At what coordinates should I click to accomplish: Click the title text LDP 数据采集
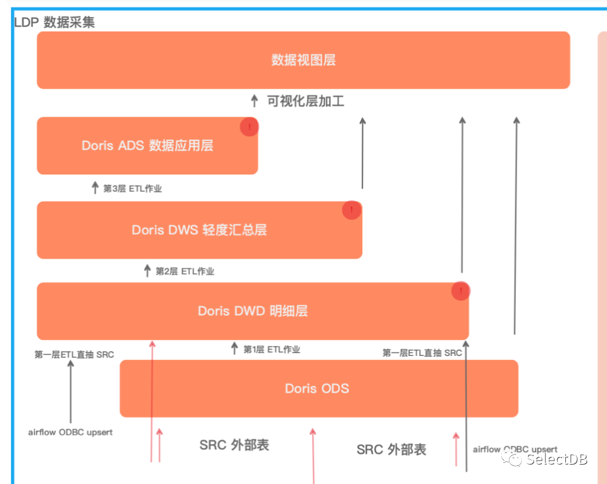coord(55,23)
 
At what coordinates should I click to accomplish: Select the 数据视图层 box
coord(303,60)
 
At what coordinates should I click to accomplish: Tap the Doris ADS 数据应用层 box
coord(147,146)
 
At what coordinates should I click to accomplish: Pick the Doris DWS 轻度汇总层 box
coord(199,230)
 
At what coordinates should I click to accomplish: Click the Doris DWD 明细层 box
coord(252,311)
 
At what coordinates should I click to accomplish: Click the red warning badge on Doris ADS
coord(249,127)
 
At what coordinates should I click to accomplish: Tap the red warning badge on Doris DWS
coord(352,210)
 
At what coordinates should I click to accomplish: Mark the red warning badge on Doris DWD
coord(461,291)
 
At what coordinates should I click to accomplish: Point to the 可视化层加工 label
coord(306,101)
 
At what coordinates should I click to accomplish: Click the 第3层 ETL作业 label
coord(133,189)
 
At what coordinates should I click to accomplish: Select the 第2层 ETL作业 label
coord(185,271)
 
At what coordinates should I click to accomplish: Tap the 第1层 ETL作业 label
coord(272,349)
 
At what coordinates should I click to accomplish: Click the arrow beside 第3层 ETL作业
coord(95,188)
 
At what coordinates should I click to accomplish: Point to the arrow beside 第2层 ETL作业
coord(147,271)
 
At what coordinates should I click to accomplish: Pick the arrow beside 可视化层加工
coord(254,101)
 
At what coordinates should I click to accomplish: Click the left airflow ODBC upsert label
coord(70,432)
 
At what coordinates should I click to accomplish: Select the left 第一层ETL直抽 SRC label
coord(75,354)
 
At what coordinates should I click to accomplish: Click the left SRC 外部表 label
coord(234,445)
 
